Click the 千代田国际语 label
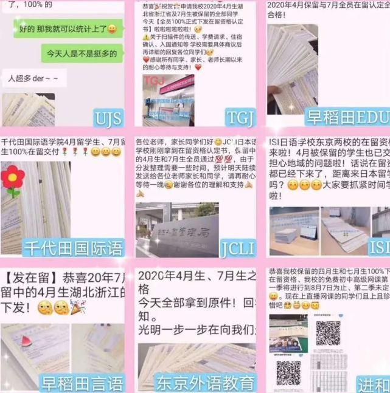coord(72,247)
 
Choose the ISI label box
coord(378,247)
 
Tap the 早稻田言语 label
coord(82,383)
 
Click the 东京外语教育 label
coord(204,383)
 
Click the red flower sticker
coord(12,177)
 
